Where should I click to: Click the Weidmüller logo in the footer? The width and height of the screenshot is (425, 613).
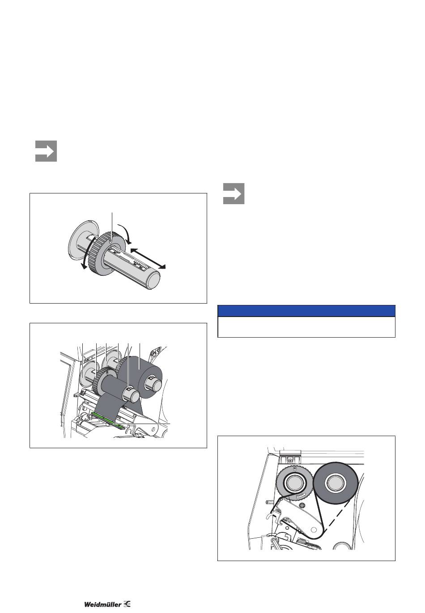[107, 604]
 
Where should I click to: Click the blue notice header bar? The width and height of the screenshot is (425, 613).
[306, 311]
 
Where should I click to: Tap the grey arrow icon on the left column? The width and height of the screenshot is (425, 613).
[46, 151]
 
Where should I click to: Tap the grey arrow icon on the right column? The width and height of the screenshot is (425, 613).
[234, 194]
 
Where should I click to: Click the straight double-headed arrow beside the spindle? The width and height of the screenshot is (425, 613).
[148, 258]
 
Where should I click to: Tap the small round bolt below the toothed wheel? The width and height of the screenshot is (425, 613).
[302, 504]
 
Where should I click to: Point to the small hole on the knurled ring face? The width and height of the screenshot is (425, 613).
[110, 241]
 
